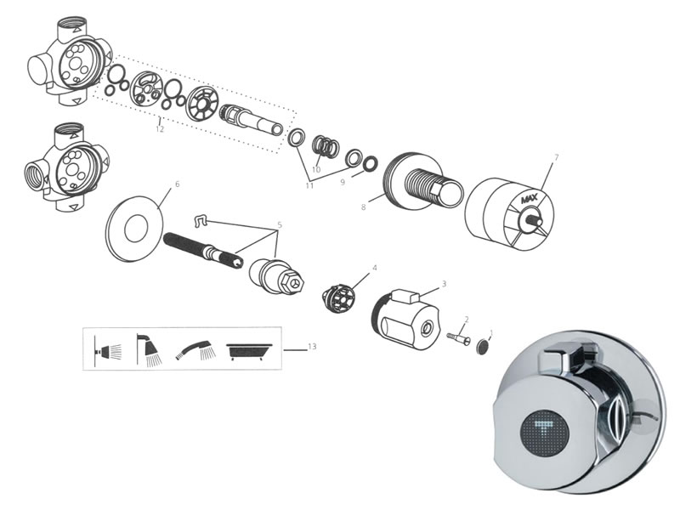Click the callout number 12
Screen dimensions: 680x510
point(160,129)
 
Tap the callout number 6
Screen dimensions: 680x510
point(177,184)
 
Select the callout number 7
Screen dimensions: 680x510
point(557,157)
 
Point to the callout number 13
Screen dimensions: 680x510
point(312,347)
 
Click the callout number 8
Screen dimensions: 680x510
point(363,207)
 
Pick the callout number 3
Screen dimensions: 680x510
point(444,284)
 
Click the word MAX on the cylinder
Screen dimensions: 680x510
point(529,200)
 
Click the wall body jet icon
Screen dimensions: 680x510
point(108,348)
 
